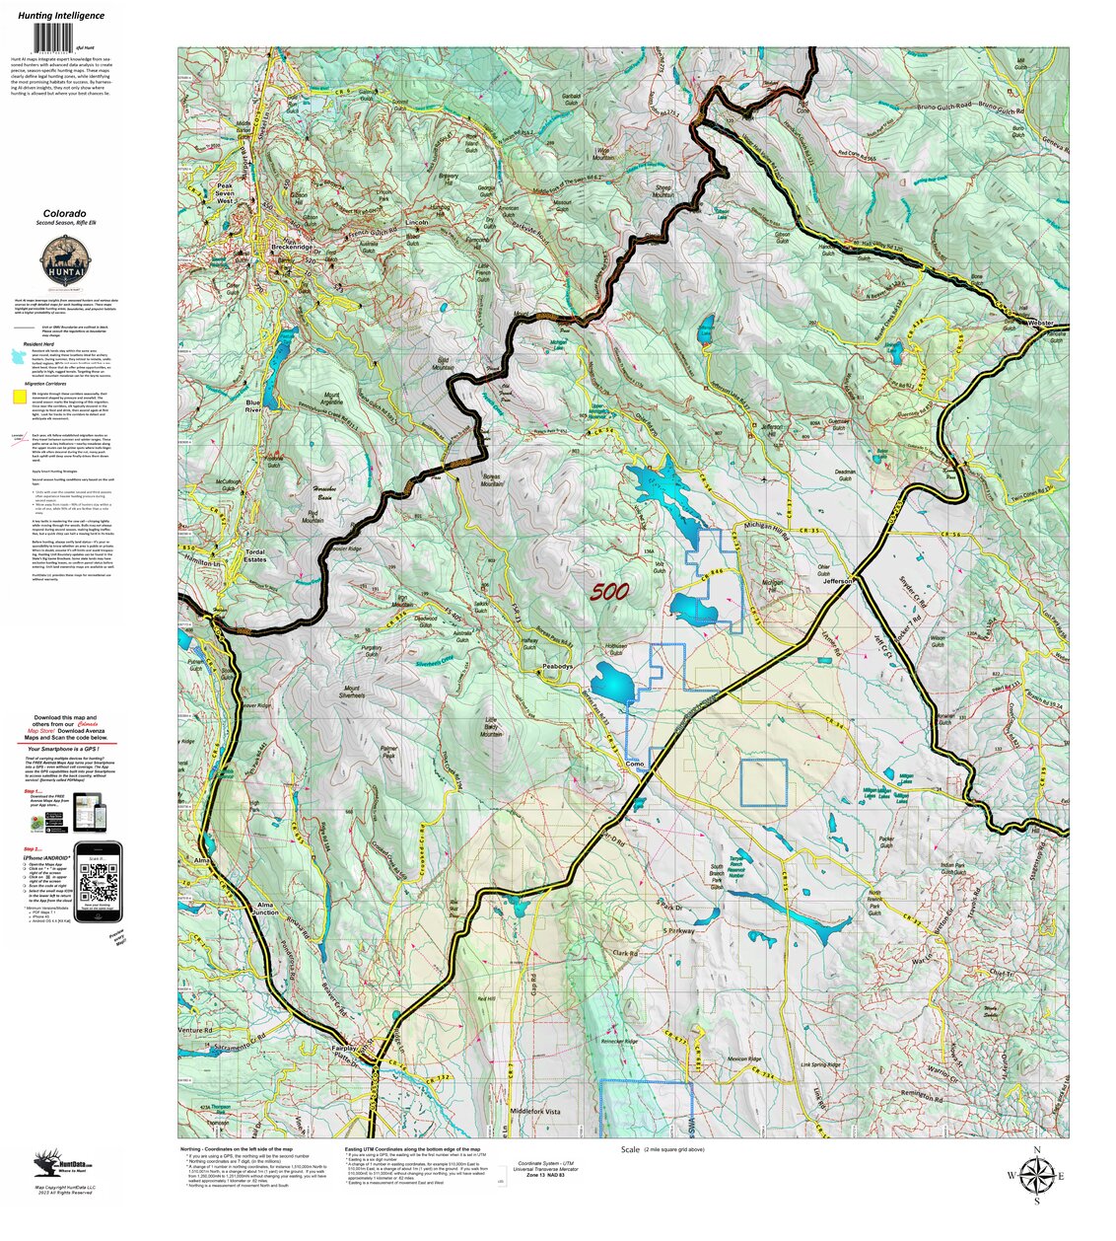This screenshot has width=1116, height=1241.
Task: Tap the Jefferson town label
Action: point(837,582)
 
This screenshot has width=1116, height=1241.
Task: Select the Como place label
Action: point(635,763)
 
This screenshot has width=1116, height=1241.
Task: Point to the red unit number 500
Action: point(610,592)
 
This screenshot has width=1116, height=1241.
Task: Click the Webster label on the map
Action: point(1041,323)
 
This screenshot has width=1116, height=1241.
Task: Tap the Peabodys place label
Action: point(557,667)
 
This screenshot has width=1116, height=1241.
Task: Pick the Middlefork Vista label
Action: point(534,1111)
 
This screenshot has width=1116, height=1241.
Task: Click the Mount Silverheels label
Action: point(351,692)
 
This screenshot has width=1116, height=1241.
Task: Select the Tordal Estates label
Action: point(255,555)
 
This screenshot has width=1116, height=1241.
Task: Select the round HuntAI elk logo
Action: point(64,263)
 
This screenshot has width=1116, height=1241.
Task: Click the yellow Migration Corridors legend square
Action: point(19,398)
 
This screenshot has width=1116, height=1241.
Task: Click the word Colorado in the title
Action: point(64,213)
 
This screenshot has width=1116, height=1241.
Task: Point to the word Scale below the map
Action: point(630,1150)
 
